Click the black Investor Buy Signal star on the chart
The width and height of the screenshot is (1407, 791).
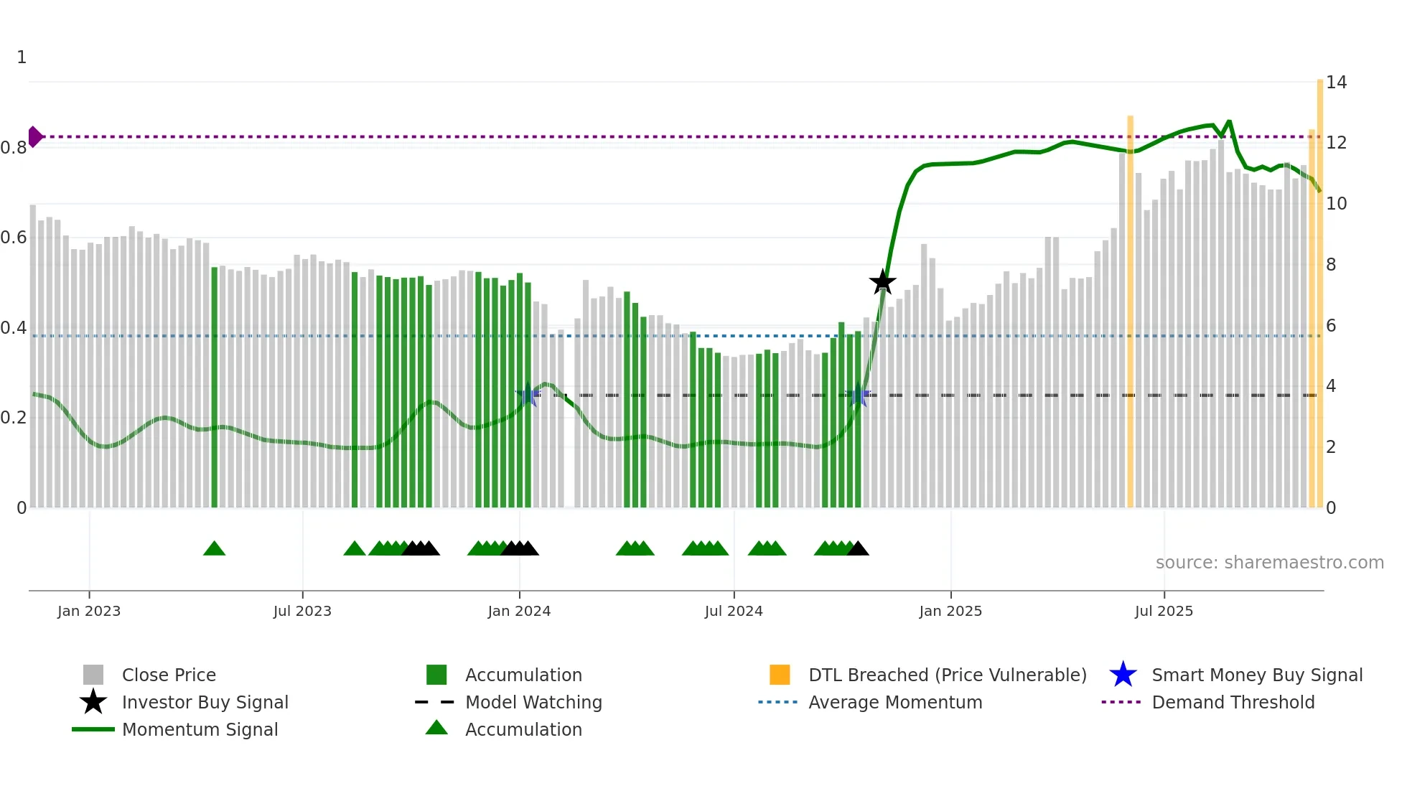[882, 282]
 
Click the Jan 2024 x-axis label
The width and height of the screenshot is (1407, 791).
[519, 612]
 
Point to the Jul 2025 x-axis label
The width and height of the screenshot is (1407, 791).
[1164, 612]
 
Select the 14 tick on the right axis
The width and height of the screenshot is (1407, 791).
[1336, 83]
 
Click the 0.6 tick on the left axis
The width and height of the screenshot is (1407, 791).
[14, 238]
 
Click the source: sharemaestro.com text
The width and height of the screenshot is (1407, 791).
[1269, 563]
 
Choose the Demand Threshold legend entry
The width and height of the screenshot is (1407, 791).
[1233, 703]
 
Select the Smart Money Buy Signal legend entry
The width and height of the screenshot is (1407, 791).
[1256, 675]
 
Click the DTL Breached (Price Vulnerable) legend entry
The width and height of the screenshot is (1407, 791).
[947, 675]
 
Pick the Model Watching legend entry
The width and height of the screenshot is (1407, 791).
[533, 703]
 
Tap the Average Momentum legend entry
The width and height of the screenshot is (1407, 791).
[894, 703]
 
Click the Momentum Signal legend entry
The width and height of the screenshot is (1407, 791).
[200, 730]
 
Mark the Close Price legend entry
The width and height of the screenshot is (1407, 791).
[169, 675]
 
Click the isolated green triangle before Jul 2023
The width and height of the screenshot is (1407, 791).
[214, 549]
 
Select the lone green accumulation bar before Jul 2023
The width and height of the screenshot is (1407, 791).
[214, 388]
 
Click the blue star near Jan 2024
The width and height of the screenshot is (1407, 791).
[528, 394]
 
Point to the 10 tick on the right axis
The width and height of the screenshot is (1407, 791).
[1336, 204]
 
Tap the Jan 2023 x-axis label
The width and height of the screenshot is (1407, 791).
[89, 612]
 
